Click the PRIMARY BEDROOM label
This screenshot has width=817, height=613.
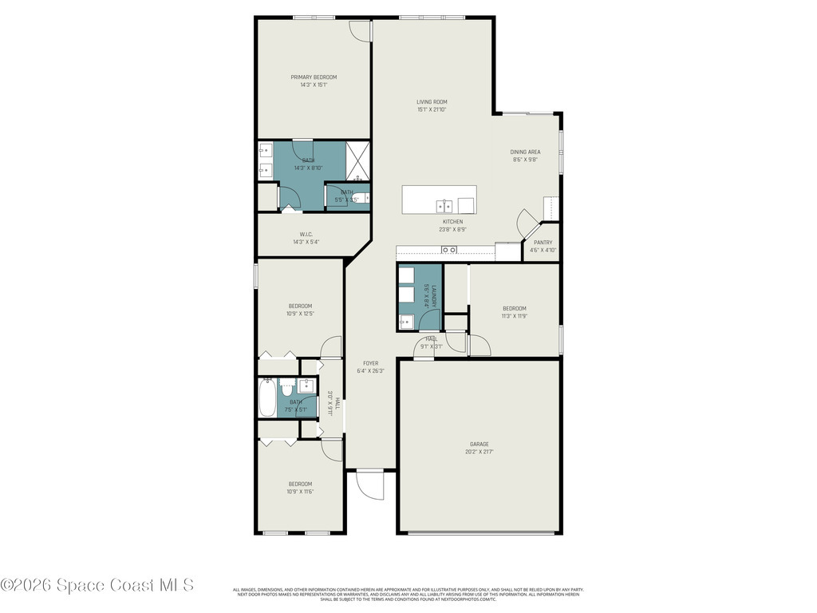313,77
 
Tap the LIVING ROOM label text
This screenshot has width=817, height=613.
432,102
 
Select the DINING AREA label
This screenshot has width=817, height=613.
526,152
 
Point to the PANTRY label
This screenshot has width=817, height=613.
543,243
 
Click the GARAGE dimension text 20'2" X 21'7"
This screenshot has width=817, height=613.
479,452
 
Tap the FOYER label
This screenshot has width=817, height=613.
371,363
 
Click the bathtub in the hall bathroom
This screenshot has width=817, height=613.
267,397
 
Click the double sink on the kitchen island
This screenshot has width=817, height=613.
444,206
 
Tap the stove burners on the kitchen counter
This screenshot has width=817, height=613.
449,251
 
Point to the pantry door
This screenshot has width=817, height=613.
528,223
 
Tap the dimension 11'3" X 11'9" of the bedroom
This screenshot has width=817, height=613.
514,316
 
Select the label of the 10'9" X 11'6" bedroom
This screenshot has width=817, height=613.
300,484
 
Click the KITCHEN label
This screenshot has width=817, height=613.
452,222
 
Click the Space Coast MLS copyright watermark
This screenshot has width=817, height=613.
97,585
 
